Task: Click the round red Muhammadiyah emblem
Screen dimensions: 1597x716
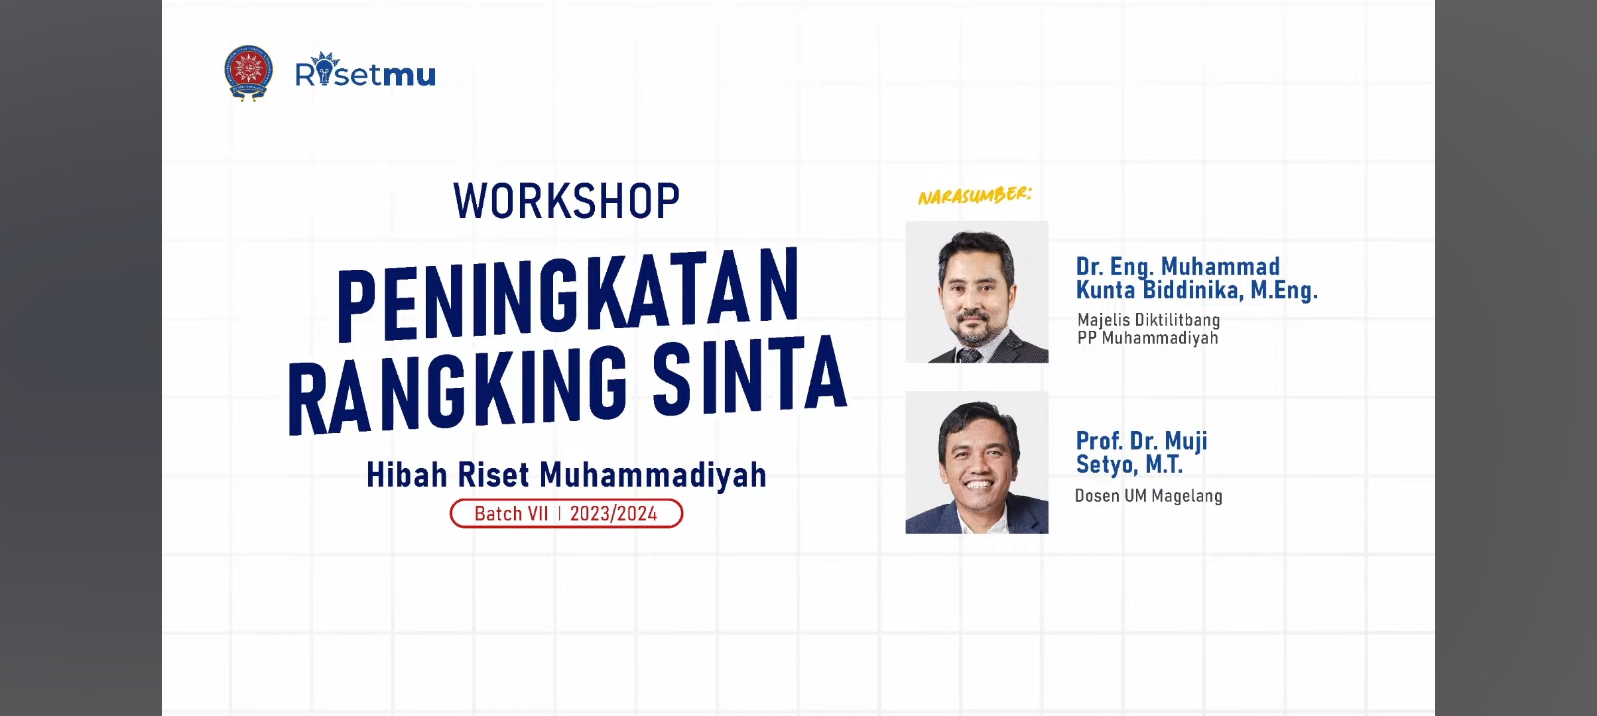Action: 248,72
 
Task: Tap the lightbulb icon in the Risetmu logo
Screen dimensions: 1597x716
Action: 324,69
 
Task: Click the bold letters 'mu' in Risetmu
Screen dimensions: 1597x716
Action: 409,75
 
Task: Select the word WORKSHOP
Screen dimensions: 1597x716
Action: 567,201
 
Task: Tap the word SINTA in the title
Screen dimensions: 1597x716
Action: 750,373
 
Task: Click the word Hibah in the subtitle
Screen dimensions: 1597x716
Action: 407,475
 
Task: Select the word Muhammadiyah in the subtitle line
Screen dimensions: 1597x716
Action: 653,476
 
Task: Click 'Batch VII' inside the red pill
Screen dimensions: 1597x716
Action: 511,514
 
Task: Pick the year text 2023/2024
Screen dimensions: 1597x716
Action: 613,514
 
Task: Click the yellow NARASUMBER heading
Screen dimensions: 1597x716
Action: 975,196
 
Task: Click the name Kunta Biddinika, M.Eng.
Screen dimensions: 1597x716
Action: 1196,290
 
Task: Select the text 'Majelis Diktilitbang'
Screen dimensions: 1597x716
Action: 1149,320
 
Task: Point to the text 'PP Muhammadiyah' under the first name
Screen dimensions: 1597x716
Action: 1147,338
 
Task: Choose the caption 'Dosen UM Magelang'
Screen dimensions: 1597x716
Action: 1149,496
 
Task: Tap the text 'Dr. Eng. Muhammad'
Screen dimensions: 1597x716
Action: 1178,267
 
